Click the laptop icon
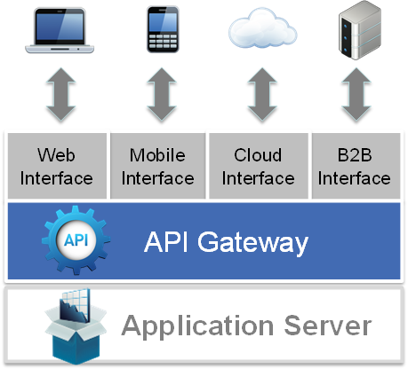tap(60, 31)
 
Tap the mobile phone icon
tap(163, 29)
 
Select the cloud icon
tap(262, 28)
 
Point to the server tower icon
tap(360, 30)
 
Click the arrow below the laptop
tap(60, 94)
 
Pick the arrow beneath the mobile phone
tap(162, 94)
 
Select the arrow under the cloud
tap(262, 94)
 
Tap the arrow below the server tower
tap(356, 94)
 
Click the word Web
tap(56, 155)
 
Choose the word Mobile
tap(157, 155)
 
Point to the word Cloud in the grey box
tap(258, 155)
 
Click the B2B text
tap(355, 155)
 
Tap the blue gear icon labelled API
tap(76, 240)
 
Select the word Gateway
tap(252, 243)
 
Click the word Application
tap(197, 326)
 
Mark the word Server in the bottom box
tap(328, 326)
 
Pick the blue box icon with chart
tap(76, 326)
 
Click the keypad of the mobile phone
tap(163, 42)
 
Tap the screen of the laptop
tap(60, 27)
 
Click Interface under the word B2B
tap(355, 178)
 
